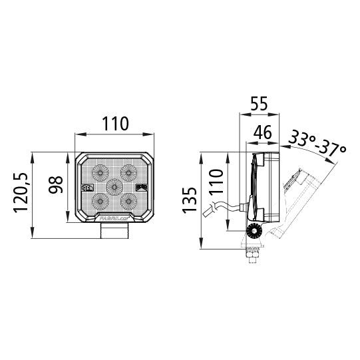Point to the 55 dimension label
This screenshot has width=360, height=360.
tap(259, 104)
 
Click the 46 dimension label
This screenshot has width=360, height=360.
tap(263, 132)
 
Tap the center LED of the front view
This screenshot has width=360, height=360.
tap(114, 188)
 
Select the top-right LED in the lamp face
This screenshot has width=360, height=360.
tap(128, 172)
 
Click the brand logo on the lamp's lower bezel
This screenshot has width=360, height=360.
tap(114, 217)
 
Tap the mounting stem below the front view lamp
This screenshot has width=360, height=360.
tap(114, 232)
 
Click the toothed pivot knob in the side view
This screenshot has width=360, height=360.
tap(254, 232)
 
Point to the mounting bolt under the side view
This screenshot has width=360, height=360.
tap(253, 254)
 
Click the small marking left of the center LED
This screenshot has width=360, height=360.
tap(87, 188)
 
